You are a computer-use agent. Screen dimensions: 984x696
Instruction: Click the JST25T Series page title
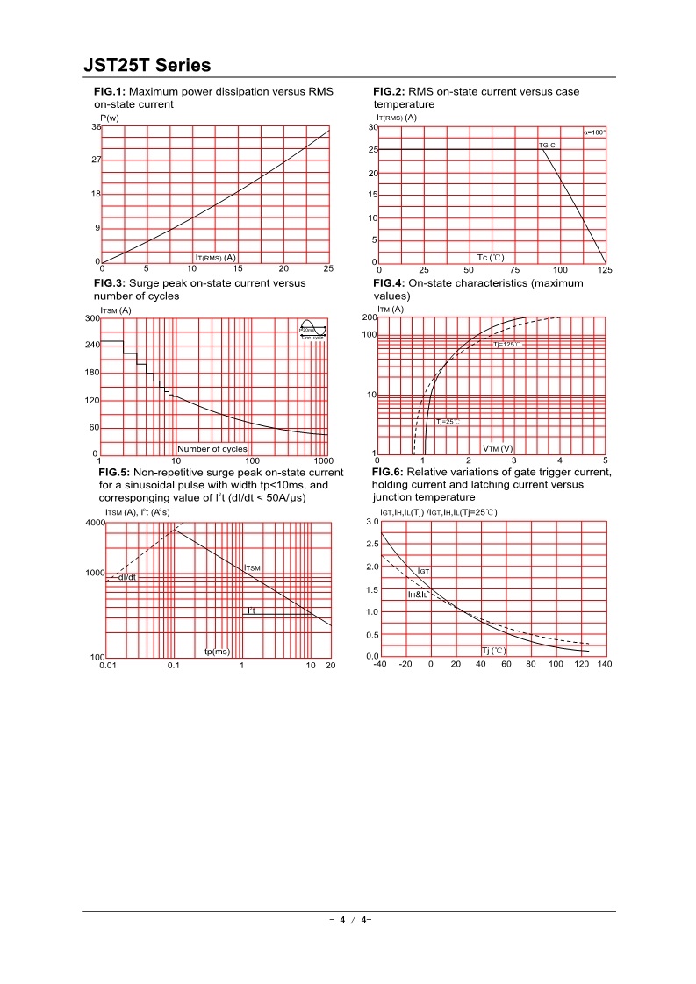147,65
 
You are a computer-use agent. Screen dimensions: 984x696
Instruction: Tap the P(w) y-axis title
110,118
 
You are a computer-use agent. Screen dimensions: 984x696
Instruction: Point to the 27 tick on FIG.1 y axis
97,160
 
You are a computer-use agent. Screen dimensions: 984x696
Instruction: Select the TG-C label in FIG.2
547,144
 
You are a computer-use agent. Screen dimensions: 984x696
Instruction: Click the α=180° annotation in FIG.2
594,132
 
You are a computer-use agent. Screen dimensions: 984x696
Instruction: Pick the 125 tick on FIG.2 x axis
605,270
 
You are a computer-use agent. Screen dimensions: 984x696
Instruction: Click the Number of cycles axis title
212,449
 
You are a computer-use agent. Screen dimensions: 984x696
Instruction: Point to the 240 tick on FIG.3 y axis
92,346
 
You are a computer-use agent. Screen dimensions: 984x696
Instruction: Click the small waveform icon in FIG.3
312,331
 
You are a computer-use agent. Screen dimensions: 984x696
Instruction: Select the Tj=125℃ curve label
506,345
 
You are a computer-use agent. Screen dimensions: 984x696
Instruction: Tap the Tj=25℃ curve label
448,422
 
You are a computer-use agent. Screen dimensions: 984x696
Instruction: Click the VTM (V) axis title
498,448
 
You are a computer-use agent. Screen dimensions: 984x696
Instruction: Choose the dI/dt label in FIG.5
127,577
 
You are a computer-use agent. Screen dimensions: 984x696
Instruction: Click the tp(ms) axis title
217,652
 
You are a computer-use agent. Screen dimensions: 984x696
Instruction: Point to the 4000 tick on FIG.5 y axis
94,523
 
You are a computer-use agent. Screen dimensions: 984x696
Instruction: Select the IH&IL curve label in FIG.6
417,595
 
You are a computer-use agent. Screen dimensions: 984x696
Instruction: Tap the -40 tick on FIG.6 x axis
379,664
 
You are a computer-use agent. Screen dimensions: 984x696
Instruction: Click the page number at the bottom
349,920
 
